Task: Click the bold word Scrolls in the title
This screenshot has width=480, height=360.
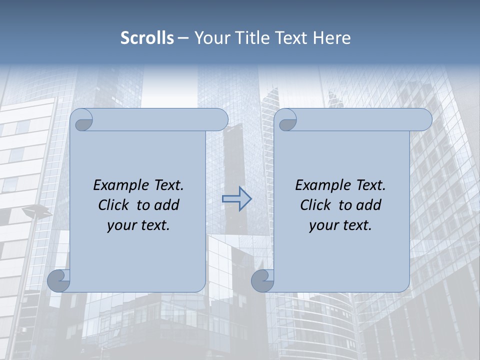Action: tap(147, 38)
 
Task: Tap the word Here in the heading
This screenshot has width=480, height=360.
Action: tap(332, 38)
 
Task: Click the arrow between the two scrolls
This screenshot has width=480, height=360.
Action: tap(237, 199)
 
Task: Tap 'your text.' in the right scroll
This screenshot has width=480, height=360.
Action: tap(340, 225)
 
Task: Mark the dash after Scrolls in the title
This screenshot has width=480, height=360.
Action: tap(183, 38)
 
